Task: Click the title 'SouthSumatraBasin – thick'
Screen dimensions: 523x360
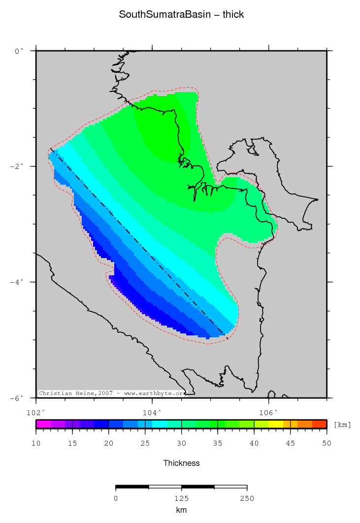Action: (x=181, y=15)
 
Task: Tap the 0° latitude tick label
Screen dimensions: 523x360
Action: (x=19, y=51)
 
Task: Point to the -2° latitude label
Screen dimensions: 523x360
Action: (x=17, y=166)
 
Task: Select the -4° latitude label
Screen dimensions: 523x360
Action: (x=17, y=282)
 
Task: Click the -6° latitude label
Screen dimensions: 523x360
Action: (x=17, y=398)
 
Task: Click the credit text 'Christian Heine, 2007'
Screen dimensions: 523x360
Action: (x=76, y=393)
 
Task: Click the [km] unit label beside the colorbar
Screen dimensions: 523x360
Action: (x=342, y=425)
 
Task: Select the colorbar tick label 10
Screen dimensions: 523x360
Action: (x=36, y=444)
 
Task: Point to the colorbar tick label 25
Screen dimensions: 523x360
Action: (x=145, y=444)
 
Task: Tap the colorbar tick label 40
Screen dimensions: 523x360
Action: (x=254, y=444)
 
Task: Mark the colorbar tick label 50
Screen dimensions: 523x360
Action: (x=327, y=444)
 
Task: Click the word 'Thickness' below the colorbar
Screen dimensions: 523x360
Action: (x=181, y=463)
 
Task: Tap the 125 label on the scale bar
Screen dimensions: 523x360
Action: (x=181, y=498)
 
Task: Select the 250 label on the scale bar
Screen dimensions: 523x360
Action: (x=247, y=498)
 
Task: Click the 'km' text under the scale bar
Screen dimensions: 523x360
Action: (x=181, y=510)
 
